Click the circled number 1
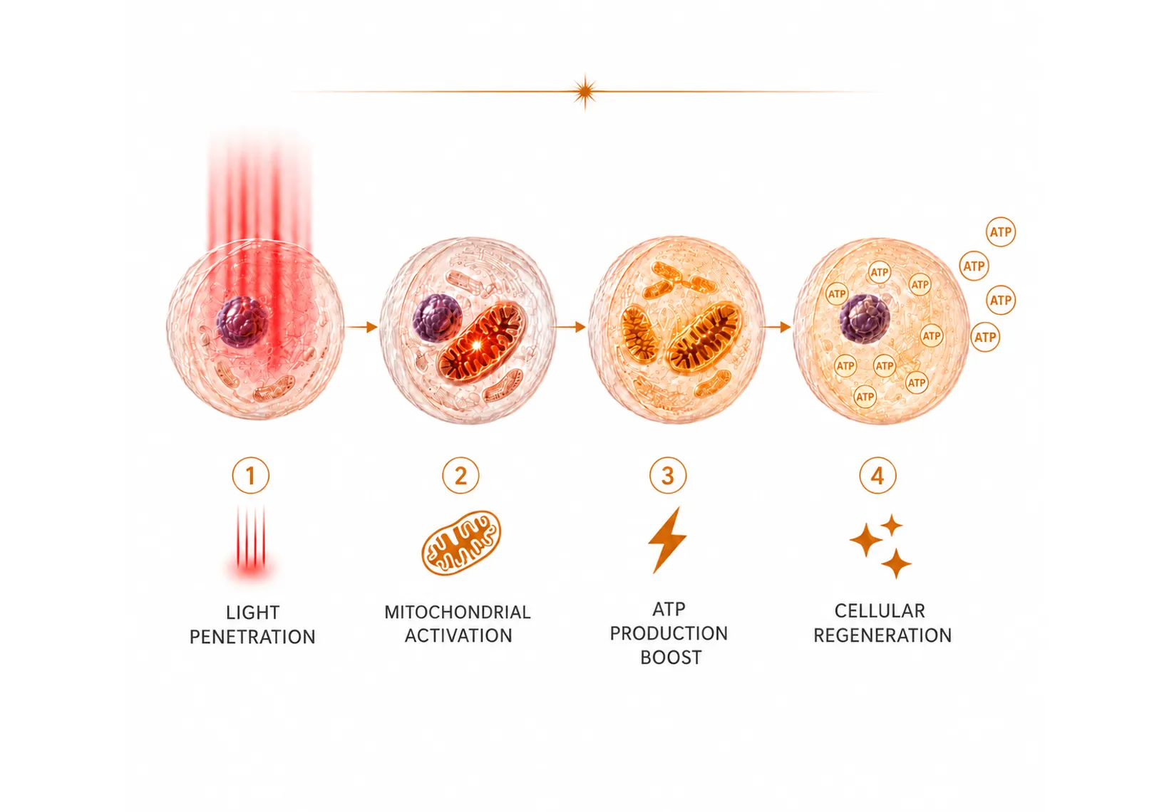pyautogui.click(x=250, y=476)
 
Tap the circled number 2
pyautogui.click(x=460, y=476)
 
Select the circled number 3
pyautogui.click(x=668, y=476)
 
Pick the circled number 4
pyautogui.click(x=877, y=476)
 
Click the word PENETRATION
pyautogui.click(x=252, y=637)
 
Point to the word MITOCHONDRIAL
pyautogui.click(x=458, y=612)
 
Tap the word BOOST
pyautogui.click(x=671, y=657)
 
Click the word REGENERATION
pyautogui.click(x=882, y=635)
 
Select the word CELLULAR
pyautogui.click(x=880, y=610)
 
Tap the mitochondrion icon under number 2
pyautogui.click(x=461, y=543)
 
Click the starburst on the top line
pyautogui.click(x=585, y=92)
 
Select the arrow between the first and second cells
pyautogui.click(x=362, y=327)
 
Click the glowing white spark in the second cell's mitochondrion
pyautogui.click(x=476, y=345)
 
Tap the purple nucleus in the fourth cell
pyautogui.click(x=865, y=318)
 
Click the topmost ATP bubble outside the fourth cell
pyautogui.click(x=1001, y=231)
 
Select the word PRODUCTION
pyautogui.click(x=669, y=634)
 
